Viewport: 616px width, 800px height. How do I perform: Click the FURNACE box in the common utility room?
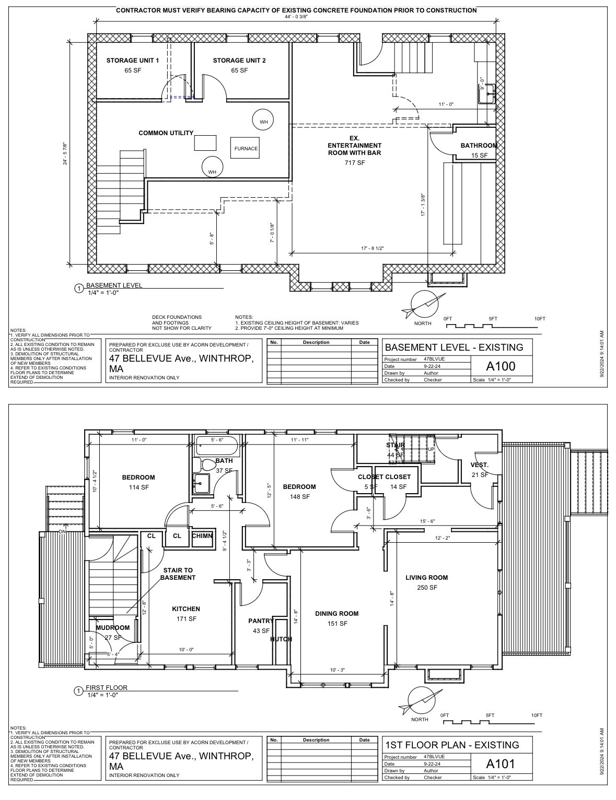point(246,148)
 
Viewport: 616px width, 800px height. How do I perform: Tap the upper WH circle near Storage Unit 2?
point(263,121)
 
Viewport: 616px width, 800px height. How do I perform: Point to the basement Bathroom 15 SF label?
point(479,150)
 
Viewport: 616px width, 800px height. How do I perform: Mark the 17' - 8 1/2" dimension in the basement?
point(372,248)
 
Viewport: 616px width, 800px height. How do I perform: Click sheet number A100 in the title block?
point(501,366)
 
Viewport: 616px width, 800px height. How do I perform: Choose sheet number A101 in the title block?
point(501,763)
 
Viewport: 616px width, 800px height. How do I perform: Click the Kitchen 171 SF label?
point(186,614)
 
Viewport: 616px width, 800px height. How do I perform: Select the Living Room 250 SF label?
point(427,582)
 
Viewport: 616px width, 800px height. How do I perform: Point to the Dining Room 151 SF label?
point(337,618)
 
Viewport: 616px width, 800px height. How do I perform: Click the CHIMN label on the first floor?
point(202,536)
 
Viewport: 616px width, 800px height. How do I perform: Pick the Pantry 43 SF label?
point(260,626)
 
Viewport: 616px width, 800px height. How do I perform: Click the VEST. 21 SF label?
point(480,470)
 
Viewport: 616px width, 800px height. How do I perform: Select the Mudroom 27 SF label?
point(112,632)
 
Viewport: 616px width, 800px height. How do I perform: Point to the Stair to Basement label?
point(178,574)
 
